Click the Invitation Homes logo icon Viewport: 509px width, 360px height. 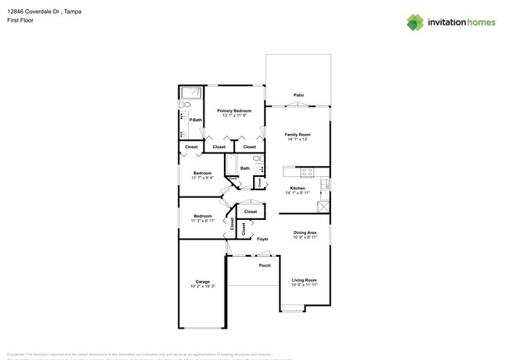pyautogui.click(x=415, y=22)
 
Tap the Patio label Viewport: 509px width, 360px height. pyautogui.click(x=298, y=95)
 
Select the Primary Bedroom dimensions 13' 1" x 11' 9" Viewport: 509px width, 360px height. pyautogui.click(x=235, y=116)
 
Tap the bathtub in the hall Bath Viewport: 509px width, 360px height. pyautogui.click(x=230, y=166)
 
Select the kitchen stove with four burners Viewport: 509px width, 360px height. pyautogui.click(x=306, y=172)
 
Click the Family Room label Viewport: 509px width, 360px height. pyautogui.click(x=298, y=135)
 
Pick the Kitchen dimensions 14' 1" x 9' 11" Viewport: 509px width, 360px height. pyautogui.click(x=298, y=193)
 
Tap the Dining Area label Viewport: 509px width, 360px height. pyautogui.click(x=305, y=232)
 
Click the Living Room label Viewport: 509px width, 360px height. pyautogui.click(x=305, y=279)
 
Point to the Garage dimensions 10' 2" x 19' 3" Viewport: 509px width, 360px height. pyautogui.click(x=203, y=286)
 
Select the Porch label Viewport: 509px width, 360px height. pyautogui.click(x=265, y=265)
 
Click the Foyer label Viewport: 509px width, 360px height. pyautogui.click(x=263, y=239)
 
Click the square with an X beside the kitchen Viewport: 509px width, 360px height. pyautogui.click(x=323, y=207)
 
